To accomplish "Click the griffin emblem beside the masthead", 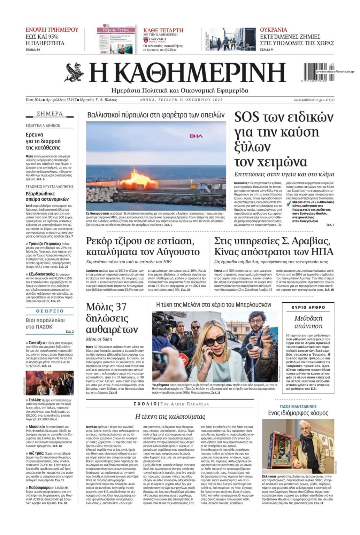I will [74, 72].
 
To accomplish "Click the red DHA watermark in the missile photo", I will [196, 136].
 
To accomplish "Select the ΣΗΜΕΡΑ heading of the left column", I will [50, 114].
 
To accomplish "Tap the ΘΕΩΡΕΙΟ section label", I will [50, 311].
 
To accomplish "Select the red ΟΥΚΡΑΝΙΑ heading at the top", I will [274, 30].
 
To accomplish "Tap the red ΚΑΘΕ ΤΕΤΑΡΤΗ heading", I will [163, 30].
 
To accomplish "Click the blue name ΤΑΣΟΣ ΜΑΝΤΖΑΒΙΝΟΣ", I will [298, 406].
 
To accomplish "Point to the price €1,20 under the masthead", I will [330, 100].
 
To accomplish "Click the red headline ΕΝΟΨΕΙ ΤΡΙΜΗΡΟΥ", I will [52, 30].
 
